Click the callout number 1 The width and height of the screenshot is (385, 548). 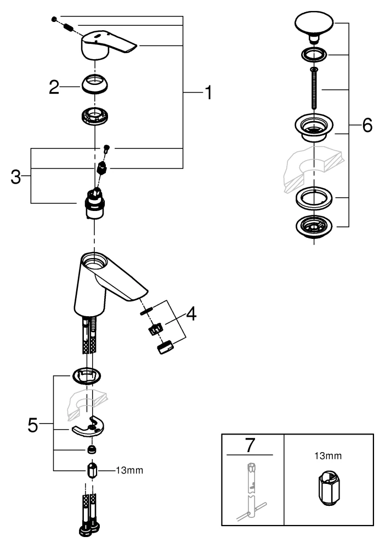[x=207, y=93]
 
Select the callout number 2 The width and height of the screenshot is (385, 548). [x=54, y=87]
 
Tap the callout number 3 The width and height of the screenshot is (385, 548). [x=16, y=177]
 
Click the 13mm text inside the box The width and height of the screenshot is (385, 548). [x=329, y=455]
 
